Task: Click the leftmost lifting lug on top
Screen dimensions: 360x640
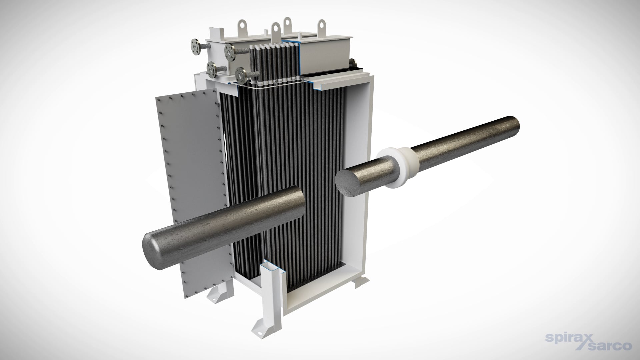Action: coord(241,27)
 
